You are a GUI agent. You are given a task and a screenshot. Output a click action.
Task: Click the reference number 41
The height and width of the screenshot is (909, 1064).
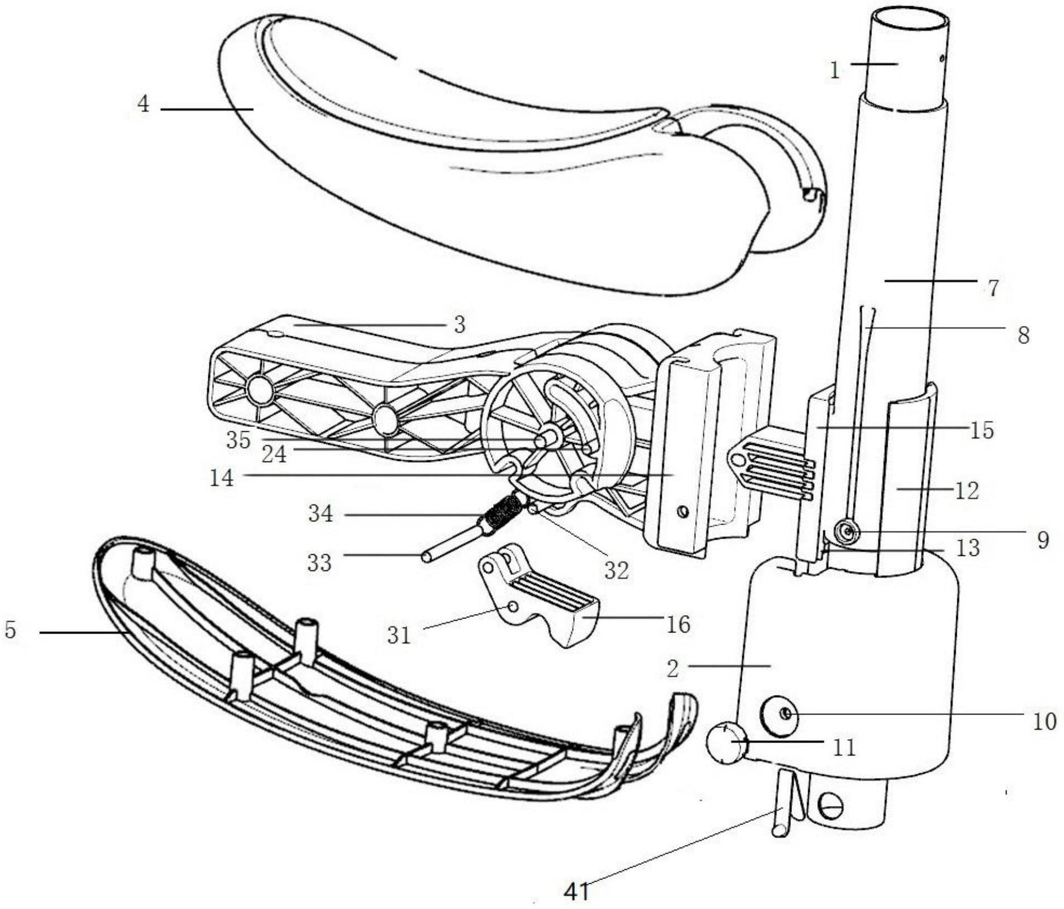[577, 891]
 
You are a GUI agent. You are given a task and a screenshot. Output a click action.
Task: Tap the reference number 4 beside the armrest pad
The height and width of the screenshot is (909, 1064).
[144, 104]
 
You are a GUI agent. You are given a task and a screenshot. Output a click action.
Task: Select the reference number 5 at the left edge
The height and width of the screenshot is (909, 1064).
[11, 630]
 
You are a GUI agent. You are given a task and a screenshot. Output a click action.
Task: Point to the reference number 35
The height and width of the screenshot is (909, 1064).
[238, 440]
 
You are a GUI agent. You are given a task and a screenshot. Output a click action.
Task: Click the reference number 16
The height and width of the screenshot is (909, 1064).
[678, 624]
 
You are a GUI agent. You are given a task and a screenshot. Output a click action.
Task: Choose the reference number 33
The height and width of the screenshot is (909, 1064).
[320, 563]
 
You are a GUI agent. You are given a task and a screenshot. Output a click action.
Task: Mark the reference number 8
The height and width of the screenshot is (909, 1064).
[1023, 335]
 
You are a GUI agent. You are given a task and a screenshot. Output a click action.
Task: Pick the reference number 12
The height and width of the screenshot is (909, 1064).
[967, 491]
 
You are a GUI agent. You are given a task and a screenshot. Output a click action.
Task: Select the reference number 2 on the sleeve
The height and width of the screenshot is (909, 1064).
[673, 669]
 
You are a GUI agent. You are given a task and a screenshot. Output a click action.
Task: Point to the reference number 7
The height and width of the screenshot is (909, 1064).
[993, 288]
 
